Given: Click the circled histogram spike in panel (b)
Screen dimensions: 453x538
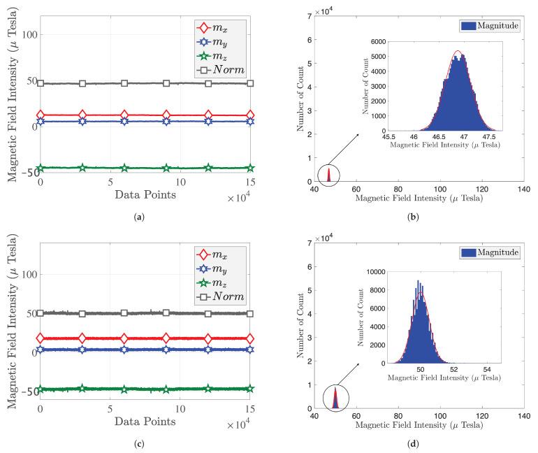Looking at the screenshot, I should [326, 175].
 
